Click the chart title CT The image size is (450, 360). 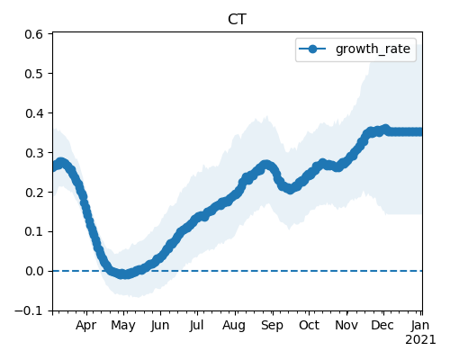click(x=237, y=20)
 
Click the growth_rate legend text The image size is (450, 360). click(x=373, y=49)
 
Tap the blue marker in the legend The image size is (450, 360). click(x=312, y=49)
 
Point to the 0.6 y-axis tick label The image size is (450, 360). click(x=34, y=34)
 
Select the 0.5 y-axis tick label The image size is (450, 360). click(x=34, y=74)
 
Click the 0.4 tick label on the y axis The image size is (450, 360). click(x=34, y=113)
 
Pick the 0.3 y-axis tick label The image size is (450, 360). click(x=34, y=153)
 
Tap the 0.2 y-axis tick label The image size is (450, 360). click(x=34, y=193)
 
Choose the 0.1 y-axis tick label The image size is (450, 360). click(x=34, y=232)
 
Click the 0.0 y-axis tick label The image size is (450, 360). click(x=34, y=271)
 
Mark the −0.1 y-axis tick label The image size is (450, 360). click(x=29, y=310)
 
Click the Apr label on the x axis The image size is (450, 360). click(x=86, y=326)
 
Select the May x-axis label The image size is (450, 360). click(x=123, y=326)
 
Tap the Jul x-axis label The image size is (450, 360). click(x=196, y=326)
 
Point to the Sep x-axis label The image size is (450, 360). click(x=272, y=326)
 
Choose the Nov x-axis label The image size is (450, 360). click(x=346, y=326)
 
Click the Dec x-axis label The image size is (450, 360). click(x=382, y=326)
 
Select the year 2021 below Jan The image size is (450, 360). click(x=420, y=340)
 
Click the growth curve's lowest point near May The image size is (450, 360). click(x=123, y=274)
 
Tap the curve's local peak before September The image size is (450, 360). click(x=265, y=165)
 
